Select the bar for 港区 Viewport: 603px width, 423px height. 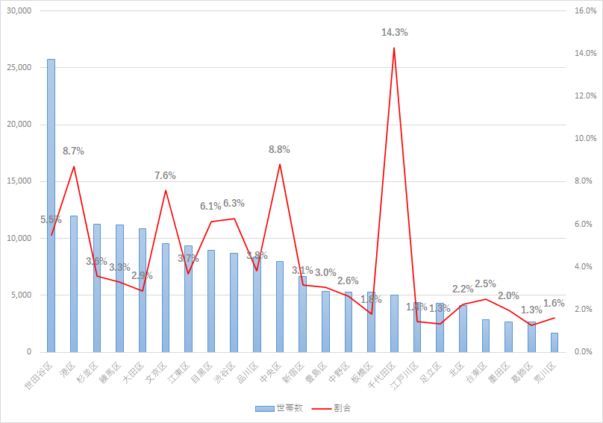[74, 283]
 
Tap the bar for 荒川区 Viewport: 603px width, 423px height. [554, 342]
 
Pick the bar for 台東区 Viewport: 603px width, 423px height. [486, 336]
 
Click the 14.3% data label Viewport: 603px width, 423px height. [394, 33]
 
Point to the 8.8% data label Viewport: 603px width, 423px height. [279, 149]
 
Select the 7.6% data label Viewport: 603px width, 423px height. [165, 175]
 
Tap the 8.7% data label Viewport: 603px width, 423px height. [73, 151]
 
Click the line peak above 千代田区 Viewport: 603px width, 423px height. [394, 48]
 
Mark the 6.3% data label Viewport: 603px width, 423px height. [234, 203]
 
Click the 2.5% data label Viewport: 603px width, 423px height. [485, 283]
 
